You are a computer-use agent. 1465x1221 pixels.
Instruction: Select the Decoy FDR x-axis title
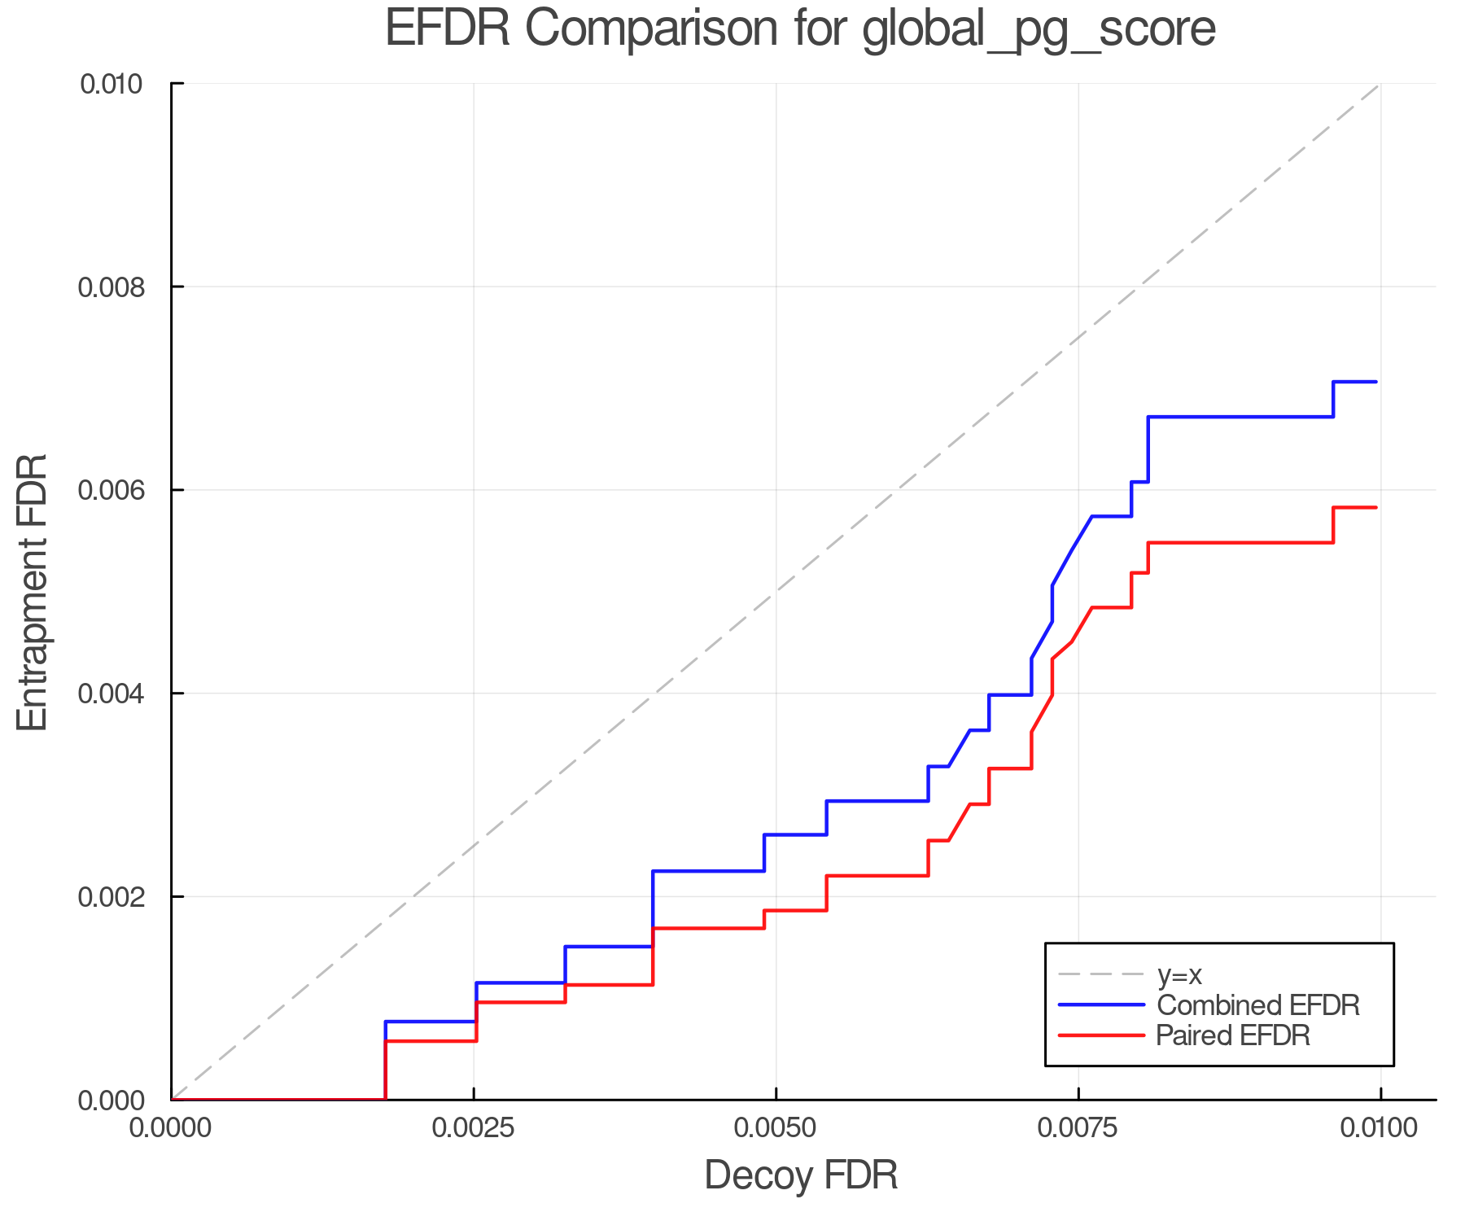pyautogui.click(x=801, y=1175)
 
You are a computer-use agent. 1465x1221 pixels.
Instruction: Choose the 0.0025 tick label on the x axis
pyautogui.click(x=474, y=1128)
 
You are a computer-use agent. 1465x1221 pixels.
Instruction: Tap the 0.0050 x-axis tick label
pyautogui.click(x=776, y=1128)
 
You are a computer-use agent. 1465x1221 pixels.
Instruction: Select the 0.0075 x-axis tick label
pyautogui.click(x=1078, y=1128)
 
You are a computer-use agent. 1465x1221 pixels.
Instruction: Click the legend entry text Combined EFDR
pyautogui.click(x=1258, y=1005)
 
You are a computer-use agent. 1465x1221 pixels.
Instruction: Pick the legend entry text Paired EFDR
pyautogui.click(x=1233, y=1035)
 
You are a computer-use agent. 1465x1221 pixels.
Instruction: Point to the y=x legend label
pyautogui.click(x=1179, y=974)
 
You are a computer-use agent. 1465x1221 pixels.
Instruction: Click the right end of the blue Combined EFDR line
pyautogui.click(x=1375, y=382)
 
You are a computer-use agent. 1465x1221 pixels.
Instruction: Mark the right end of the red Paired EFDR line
pyautogui.click(x=1375, y=508)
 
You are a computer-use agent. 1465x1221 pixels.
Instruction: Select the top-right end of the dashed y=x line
pyautogui.click(x=1379, y=85)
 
